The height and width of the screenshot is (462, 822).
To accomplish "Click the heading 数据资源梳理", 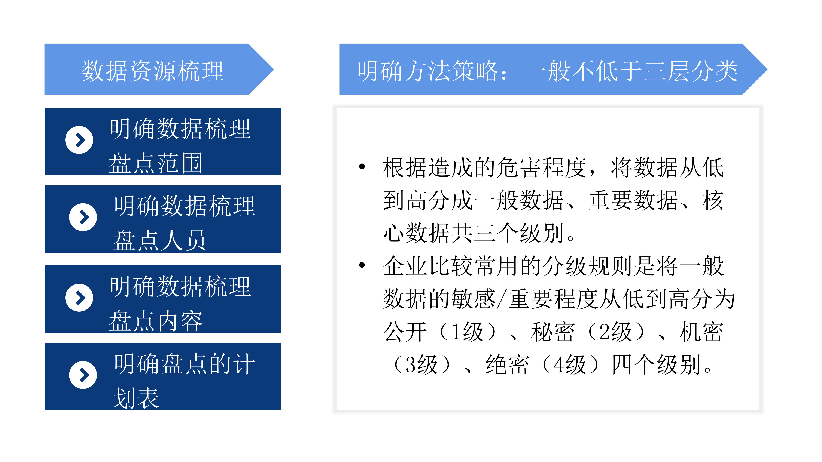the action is point(153,71).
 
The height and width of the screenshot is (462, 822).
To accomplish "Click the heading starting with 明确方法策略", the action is point(548,71).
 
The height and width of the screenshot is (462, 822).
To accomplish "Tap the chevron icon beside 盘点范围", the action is point(79,140).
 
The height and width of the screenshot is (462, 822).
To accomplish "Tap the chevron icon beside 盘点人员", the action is point(83,217).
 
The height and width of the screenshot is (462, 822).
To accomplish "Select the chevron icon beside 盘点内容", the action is point(79,298).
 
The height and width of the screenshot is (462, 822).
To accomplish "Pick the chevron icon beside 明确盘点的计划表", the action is point(83,375).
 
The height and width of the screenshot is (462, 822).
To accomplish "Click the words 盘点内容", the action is point(156,321).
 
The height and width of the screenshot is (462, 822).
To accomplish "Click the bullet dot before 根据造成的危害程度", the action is point(362,166).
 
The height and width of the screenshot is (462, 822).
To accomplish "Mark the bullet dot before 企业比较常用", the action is point(362,265).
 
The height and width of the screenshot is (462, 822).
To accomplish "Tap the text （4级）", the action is point(570,365).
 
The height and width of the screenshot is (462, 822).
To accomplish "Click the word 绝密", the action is point(507,365).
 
